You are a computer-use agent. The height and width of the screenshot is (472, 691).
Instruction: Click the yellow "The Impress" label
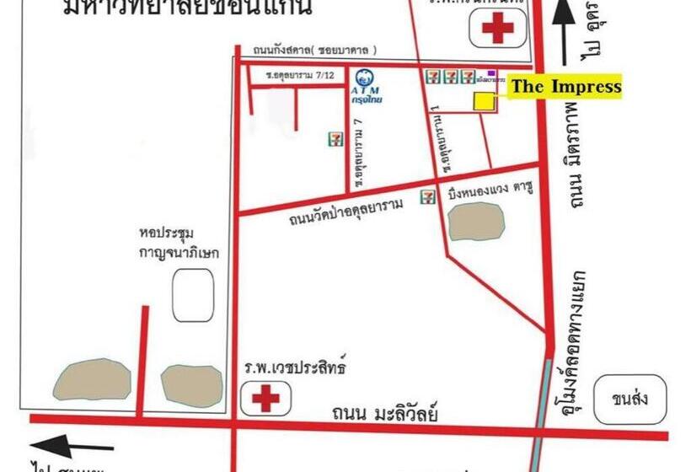point(565,86)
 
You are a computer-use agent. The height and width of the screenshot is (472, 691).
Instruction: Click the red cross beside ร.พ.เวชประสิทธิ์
point(266,397)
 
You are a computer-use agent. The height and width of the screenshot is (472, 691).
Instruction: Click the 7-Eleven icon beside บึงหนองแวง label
point(429,197)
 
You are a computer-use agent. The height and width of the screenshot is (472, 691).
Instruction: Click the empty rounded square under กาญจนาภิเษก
point(193,294)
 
